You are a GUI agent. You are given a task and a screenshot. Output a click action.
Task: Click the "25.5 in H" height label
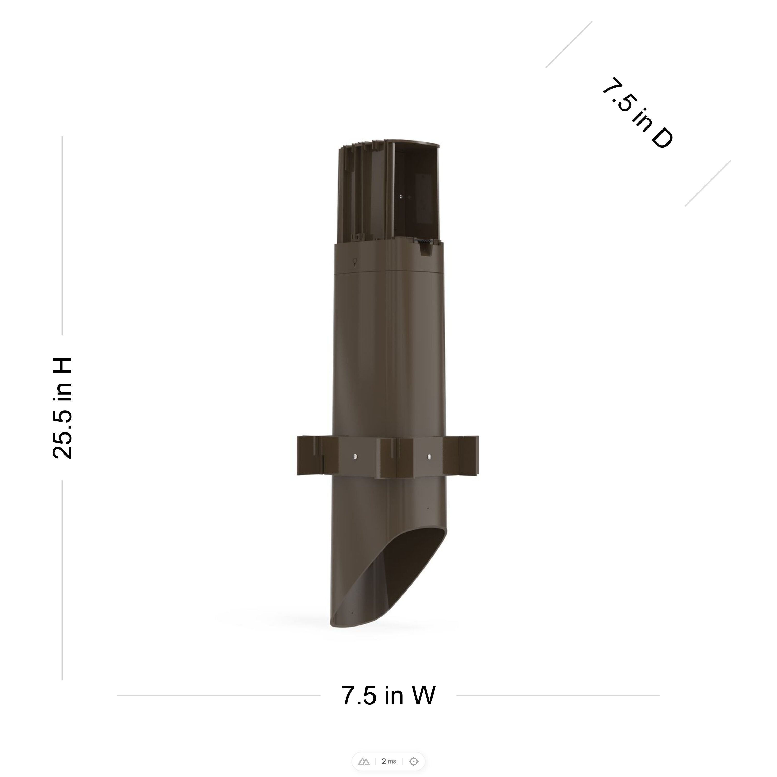[x=62, y=408]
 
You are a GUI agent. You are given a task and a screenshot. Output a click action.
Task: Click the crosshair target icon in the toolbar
[x=413, y=761]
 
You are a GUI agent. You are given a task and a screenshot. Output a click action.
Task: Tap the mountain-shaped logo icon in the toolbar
[x=364, y=761]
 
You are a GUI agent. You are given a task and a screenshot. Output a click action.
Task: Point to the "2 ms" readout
[x=388, y=761]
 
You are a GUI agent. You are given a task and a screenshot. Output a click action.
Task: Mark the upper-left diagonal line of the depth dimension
[x=569, y=45]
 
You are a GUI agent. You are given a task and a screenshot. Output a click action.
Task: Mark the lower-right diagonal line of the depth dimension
[x=707, y=183]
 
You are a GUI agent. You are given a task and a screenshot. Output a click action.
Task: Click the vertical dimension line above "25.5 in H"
[x=62, y=235]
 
